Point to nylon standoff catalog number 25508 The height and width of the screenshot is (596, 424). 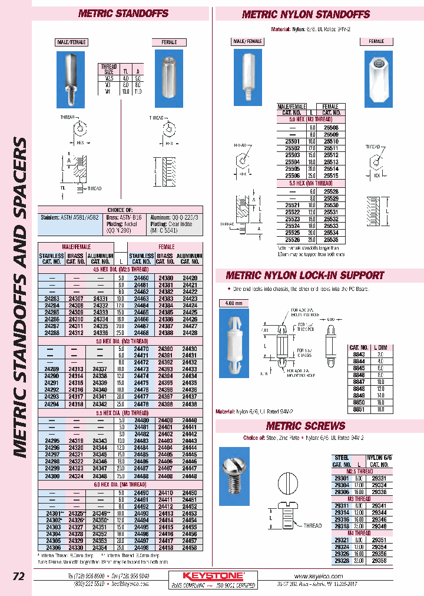332,127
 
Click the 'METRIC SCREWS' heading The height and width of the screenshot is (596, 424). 305,426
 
